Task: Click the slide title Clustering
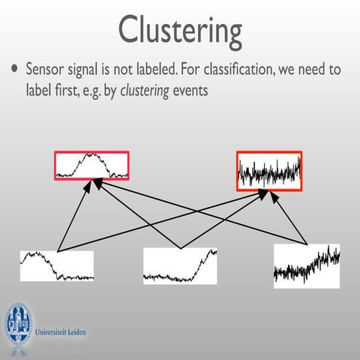pos(180,31)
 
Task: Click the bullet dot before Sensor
pos(15,70)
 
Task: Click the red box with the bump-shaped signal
pos(91,165)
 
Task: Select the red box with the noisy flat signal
pos(269,171)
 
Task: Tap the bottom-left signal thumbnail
pos(57,265)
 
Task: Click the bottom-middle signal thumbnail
pos(180,265)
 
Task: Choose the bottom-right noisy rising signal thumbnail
pos(306,264)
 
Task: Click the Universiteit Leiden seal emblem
pos(19,322)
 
